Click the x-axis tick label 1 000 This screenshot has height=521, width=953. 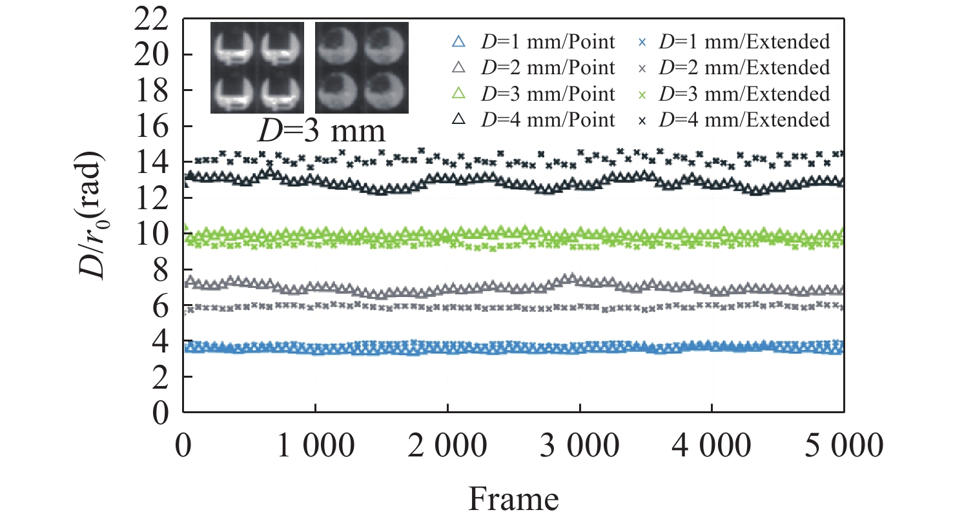314,445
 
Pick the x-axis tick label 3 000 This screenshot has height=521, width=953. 580,445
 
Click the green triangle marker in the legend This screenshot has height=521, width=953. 459,94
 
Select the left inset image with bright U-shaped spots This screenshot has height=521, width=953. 257,68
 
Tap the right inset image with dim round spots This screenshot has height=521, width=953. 362,68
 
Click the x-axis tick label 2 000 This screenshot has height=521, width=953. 447,445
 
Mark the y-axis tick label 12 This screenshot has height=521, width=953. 154,198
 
